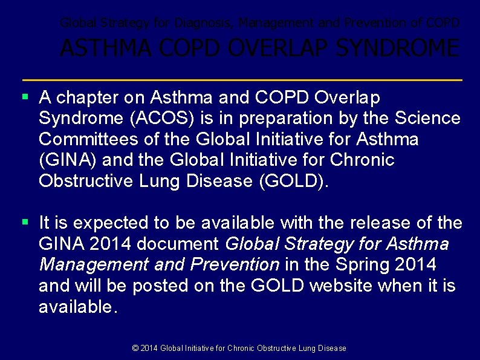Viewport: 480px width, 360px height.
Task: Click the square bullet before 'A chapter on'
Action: point(25,96)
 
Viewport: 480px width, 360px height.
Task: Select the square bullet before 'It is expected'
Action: point(25,222)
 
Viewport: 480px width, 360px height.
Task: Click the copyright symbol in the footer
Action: point(135,348)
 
